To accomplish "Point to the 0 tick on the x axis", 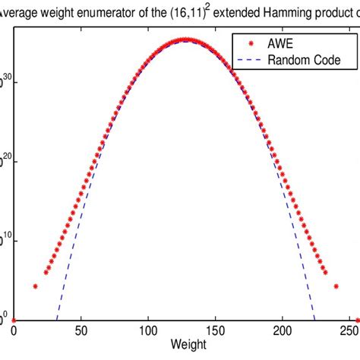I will [x=14, y=333].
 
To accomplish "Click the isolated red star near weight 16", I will [x=35, y=286].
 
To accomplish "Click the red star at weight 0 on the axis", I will [x=14, y=320].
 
